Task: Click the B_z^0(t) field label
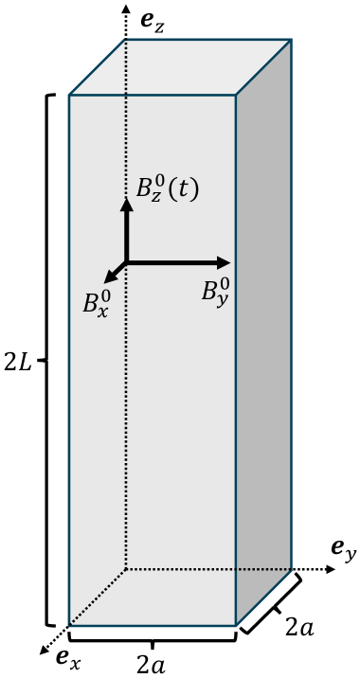point(168,188)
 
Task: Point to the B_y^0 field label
point(215,289)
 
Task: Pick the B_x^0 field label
point(97,303)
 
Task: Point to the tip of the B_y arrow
point(229,262)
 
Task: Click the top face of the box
point(180,66)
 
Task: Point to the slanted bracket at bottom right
point(272,604)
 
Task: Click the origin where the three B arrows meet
point(126,262)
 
